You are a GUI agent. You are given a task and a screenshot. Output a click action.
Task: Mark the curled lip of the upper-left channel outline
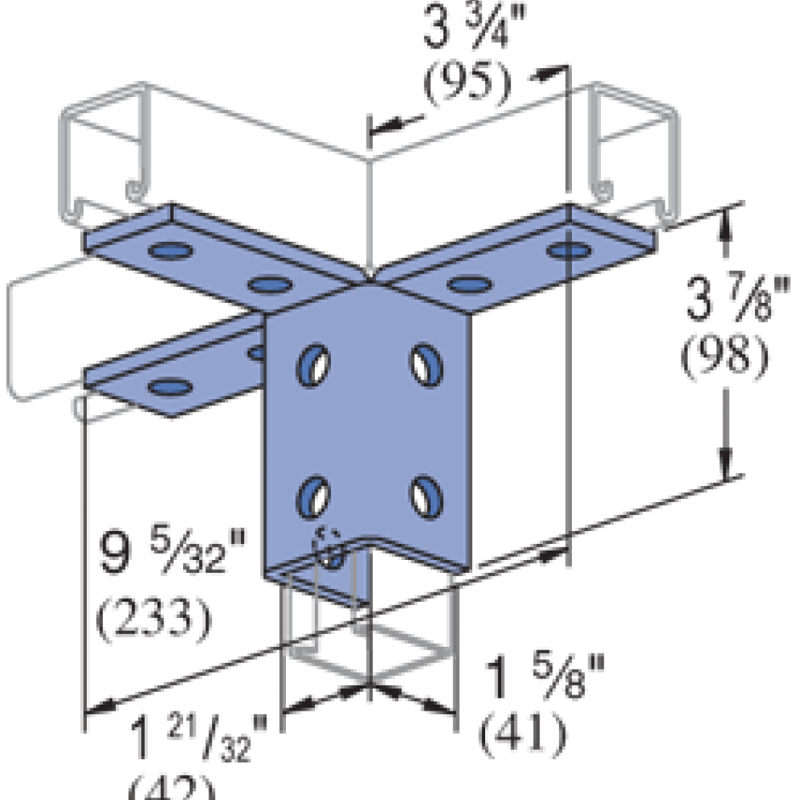click(x=133, y=187)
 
